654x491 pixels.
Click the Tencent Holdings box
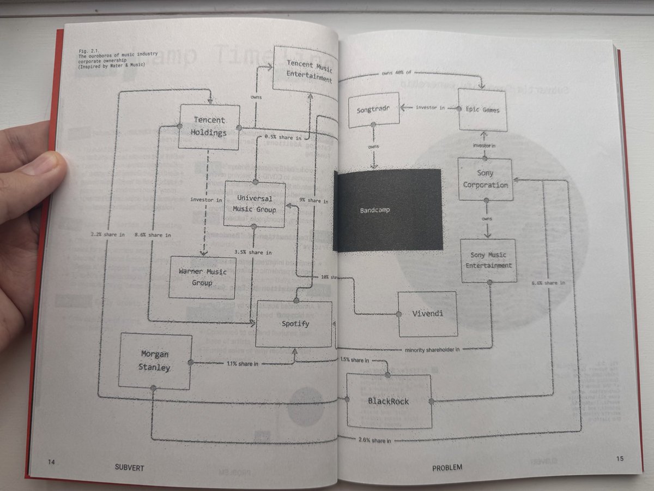pos(209,127)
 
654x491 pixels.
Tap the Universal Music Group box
pos(255,204)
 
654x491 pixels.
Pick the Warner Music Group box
pos(202,277)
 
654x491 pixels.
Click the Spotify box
pos(294,324)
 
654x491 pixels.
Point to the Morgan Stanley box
pos(155,361)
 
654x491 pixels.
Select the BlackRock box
pos(389,402)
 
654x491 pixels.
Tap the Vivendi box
pos(427,314)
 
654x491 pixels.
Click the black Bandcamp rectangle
pos(387,210)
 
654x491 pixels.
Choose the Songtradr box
pos(373,110)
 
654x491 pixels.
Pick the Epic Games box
pos(482,110)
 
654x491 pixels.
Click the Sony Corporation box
pos(485,179)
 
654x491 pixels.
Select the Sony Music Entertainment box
pos(488,260)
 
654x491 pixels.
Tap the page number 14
pos(51,462)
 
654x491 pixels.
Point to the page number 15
pos(620,459)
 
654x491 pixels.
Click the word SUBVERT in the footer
pos(130,468)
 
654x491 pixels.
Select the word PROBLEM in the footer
pos(447,468)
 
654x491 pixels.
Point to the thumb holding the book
pos(41,166)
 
